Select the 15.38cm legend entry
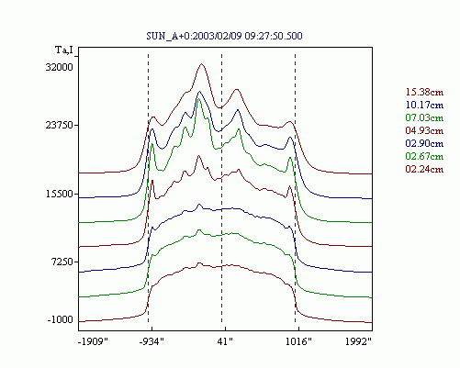click(424, 92)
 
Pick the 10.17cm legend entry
click(424, 105)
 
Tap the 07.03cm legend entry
click(424, 117)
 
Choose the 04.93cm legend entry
click(424, 130)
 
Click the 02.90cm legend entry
click(424, 143)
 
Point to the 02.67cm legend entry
click(424, 156)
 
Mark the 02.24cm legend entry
click(424, 169)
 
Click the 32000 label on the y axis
click(60, 67)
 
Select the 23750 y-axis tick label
click(60, 125)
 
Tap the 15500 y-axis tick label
click(60, 194)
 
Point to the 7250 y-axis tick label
click(62, 262)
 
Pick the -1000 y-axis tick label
click(61, 320)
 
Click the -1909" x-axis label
click(94, 341)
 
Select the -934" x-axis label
click(151, 341)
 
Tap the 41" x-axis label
click(225, 341)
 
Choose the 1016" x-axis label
click(298, 341)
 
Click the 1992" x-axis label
click(358, 341)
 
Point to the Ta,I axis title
click(64, 50)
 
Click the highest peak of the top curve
click(201, 63)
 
